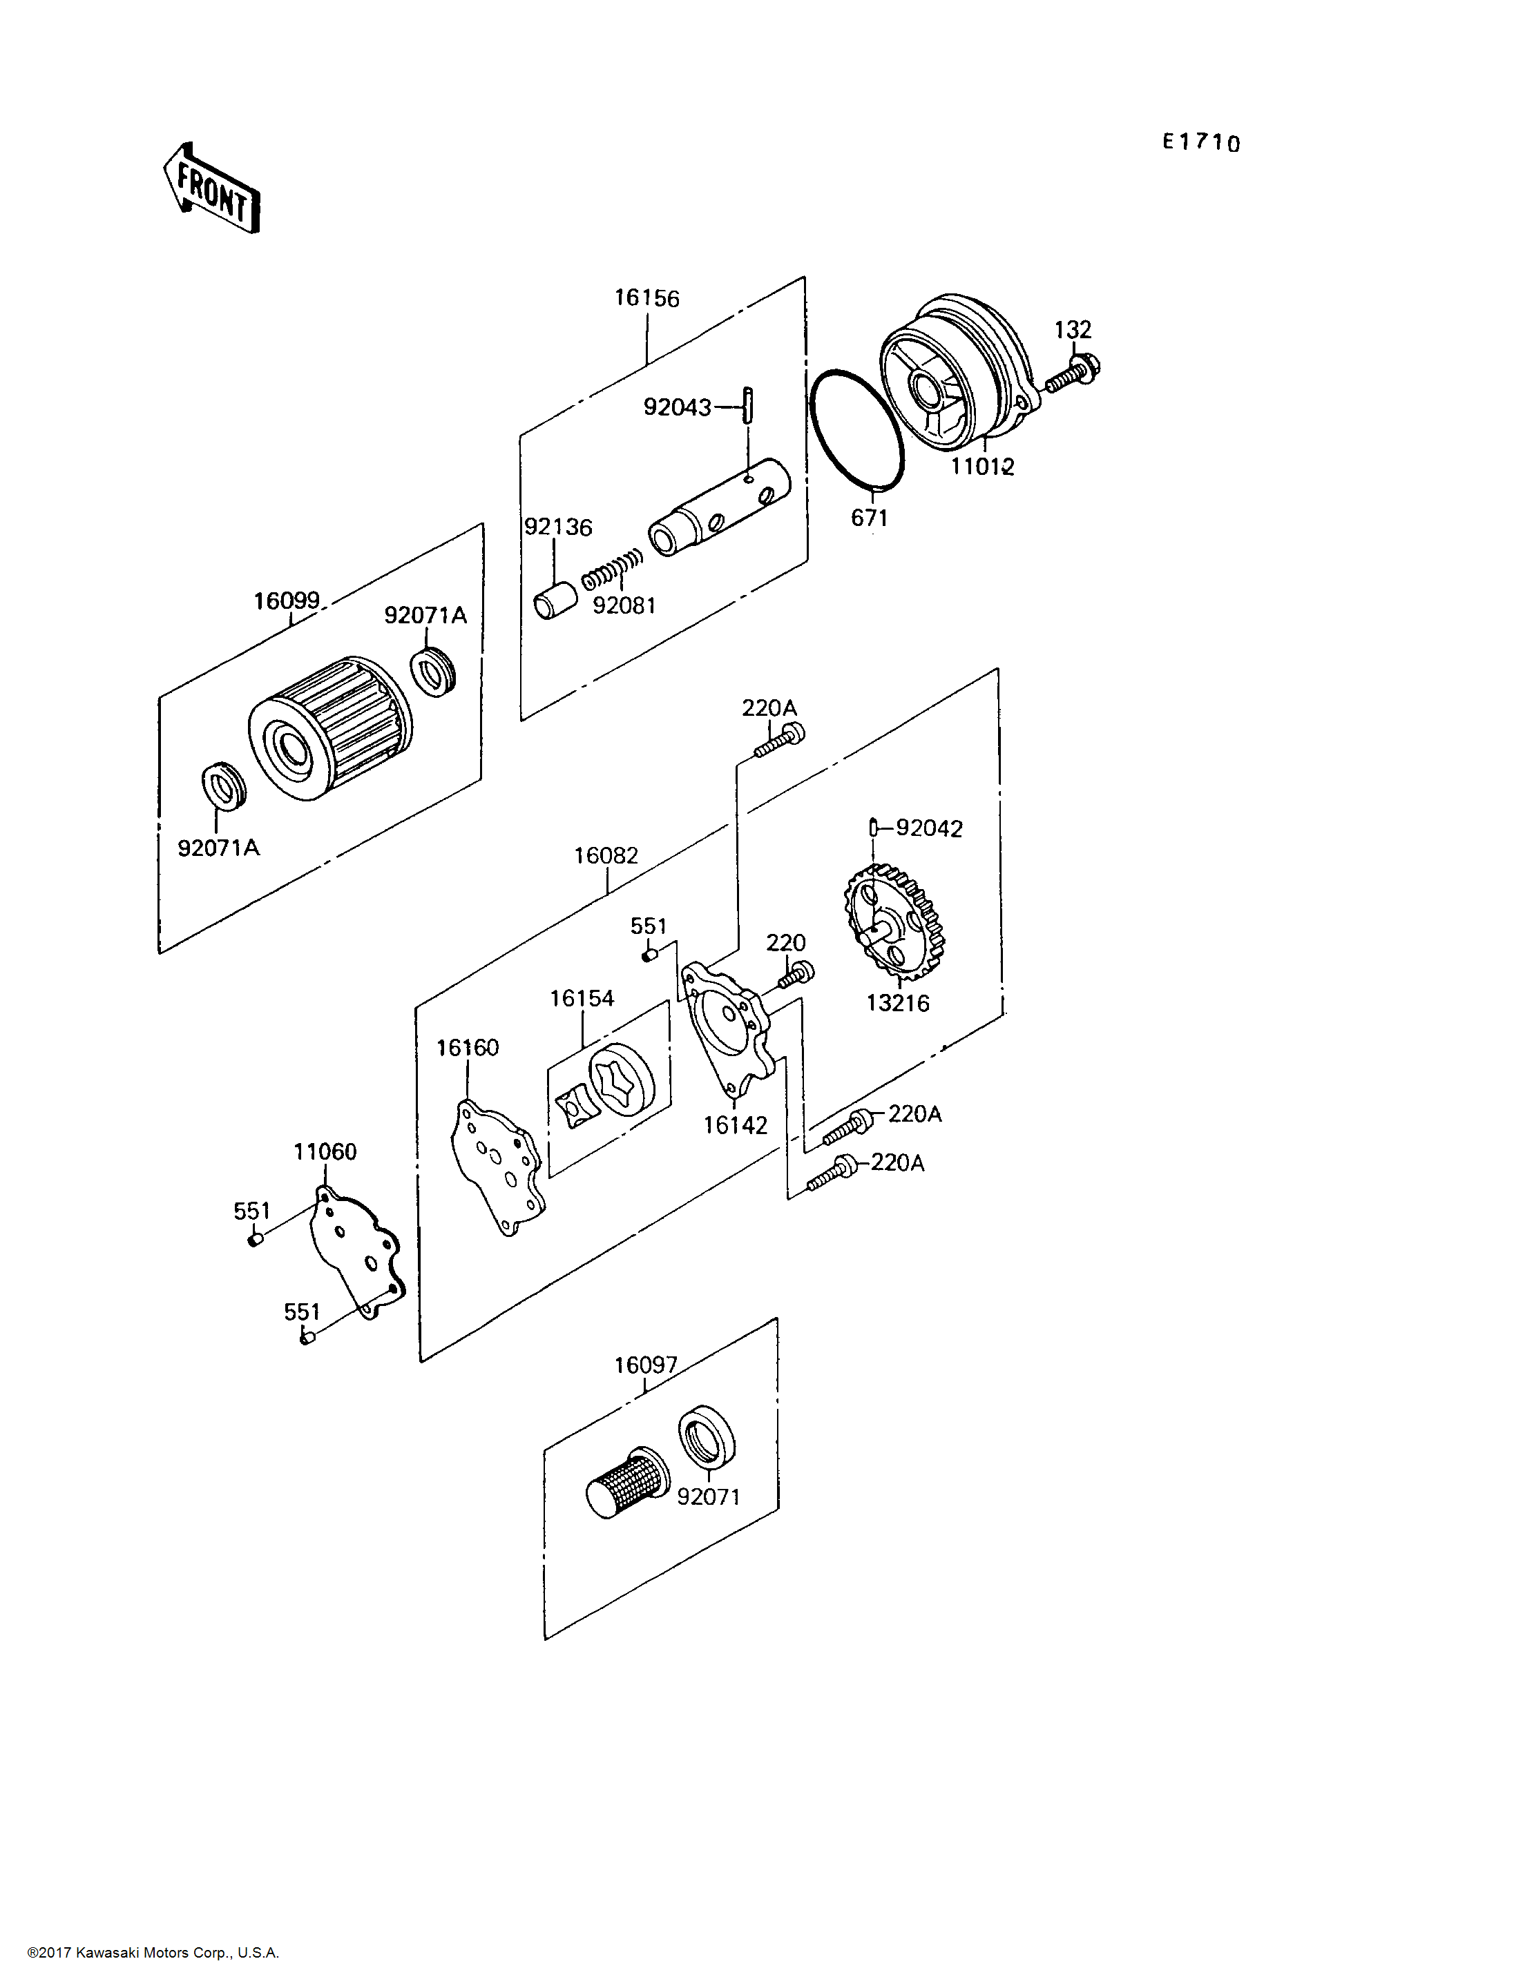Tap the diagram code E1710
1200,142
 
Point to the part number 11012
982,467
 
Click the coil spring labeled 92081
613,569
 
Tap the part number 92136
558,527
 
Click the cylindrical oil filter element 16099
330,730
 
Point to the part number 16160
467,1048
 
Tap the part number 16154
582,998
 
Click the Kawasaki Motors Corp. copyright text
153,1953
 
